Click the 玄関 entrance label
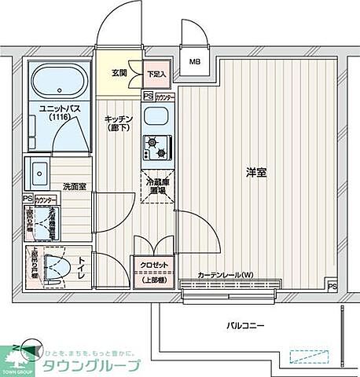tap(119, 72)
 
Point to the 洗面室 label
tap(73, 187)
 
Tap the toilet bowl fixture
tap(53, 265)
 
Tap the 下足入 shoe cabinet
tap(157, 74)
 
